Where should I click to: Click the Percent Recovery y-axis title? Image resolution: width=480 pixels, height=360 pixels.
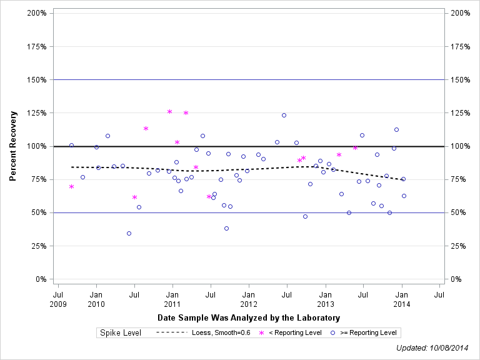point(12,146)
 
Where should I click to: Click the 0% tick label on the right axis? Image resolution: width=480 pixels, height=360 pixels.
point(457,279)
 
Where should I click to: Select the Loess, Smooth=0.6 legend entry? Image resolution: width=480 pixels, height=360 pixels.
point(203,332)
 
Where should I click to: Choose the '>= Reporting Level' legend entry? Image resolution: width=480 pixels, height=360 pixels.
point(364,332)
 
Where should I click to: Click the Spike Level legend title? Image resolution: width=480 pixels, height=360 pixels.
point(121,332)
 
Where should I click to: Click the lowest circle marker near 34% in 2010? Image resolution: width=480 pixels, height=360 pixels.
point(129,233)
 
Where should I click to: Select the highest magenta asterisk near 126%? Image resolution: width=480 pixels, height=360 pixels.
point(169,111)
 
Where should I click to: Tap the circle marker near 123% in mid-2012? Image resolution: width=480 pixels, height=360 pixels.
point(284,115)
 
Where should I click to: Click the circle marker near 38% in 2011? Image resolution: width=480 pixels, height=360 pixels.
point(226,228)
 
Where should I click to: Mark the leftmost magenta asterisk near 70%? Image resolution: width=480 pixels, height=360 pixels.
point(71,186)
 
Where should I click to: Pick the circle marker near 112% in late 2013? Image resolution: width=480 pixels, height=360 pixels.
point(396,129)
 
